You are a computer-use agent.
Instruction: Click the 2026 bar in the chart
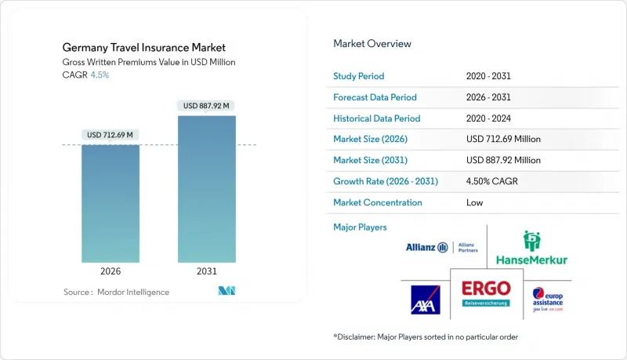click(111, 203)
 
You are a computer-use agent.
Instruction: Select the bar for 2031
click(206, 189)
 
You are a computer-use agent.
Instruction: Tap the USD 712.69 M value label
click(111, 135)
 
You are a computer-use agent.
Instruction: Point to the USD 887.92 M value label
click(206, 106)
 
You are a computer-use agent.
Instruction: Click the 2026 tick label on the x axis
click(111, 271)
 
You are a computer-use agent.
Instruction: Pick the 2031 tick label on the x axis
click(206, 271)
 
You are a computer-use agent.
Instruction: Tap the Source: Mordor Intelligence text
click(116, 292)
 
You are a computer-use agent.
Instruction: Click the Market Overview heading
click(372, 44)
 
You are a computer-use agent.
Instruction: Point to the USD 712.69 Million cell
click(502, 140)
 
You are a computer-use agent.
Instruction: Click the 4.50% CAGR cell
click(492, 181)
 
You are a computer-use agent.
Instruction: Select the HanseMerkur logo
click(532, 248)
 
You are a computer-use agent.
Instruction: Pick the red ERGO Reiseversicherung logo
click(485, 291)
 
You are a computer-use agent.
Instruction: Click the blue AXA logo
click(426, 300)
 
